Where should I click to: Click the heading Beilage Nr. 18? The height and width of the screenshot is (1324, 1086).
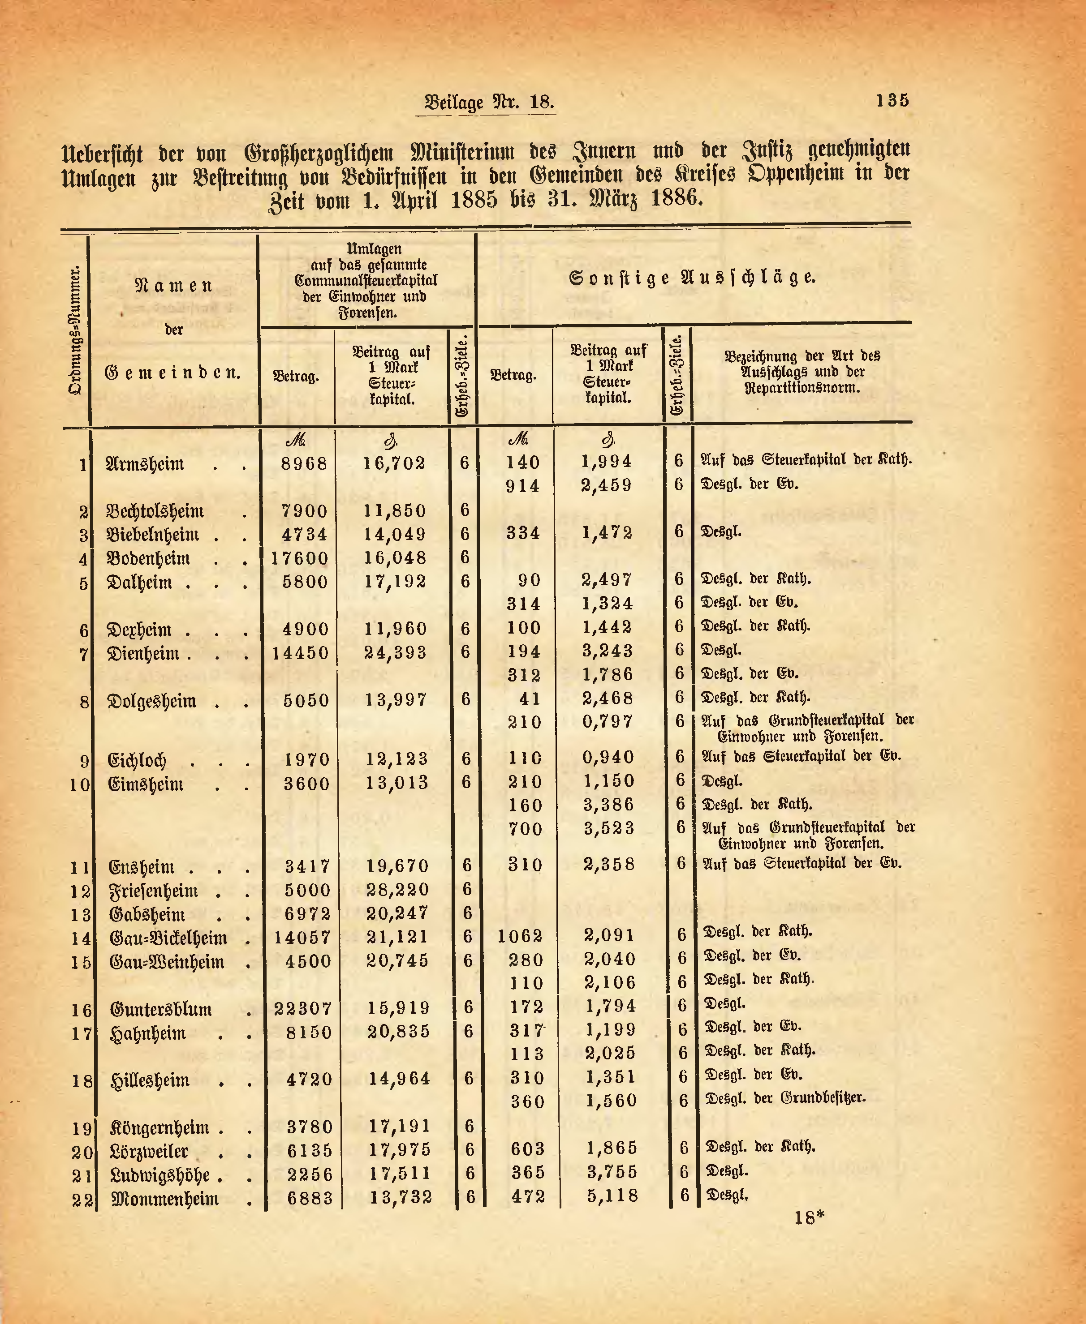click(489, 102)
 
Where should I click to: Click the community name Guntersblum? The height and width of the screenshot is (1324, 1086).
click(161, 1009)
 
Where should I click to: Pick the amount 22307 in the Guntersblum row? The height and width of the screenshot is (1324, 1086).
click(302, 1008)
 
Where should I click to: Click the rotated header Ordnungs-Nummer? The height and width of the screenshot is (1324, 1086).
click(75, 330)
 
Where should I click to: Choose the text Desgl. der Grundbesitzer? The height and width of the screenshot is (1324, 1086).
click(785, 1098)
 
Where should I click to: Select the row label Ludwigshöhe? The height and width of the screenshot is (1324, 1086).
click(160, 1175)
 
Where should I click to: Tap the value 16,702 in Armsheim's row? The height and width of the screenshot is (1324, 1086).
click(394, 463)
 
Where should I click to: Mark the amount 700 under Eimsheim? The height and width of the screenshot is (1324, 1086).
click(525, 829)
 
